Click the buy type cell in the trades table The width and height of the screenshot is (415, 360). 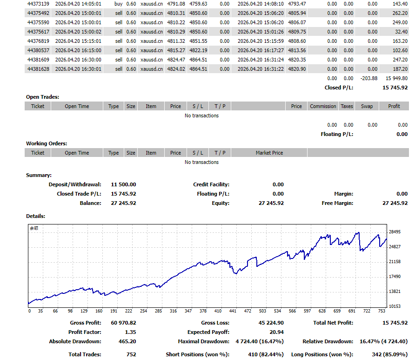click(118, 4)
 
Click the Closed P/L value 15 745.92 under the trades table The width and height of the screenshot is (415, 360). click(395, 88)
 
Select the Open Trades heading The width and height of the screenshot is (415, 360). click(42, 97)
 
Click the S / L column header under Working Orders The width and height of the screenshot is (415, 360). click(198, 153)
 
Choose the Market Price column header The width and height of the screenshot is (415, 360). click(269, 153)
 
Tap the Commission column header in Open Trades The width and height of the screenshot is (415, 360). click(323, 106)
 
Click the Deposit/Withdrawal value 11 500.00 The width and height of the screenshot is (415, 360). click(124, 184)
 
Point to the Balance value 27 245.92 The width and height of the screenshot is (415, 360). click(124, 203)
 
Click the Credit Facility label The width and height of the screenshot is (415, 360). click(211, 184)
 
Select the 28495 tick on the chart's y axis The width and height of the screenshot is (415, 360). click(395, 232)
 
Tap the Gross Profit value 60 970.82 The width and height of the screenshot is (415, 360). click(124, 323)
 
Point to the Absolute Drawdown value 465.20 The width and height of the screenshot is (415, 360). click(127, 341)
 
